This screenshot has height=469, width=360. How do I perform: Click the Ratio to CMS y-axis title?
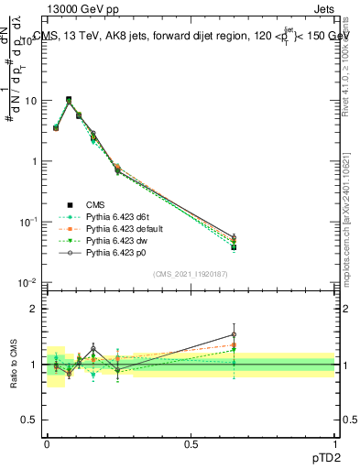pos(14,365)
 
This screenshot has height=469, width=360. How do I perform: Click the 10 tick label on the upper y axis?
pos(31,101)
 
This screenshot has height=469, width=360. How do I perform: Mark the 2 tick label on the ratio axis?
pos(34,309)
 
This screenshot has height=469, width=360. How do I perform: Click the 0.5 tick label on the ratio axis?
pos(29,421)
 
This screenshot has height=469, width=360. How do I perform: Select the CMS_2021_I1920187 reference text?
pos(190,274)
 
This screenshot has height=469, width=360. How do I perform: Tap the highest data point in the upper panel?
pos(69,100)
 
